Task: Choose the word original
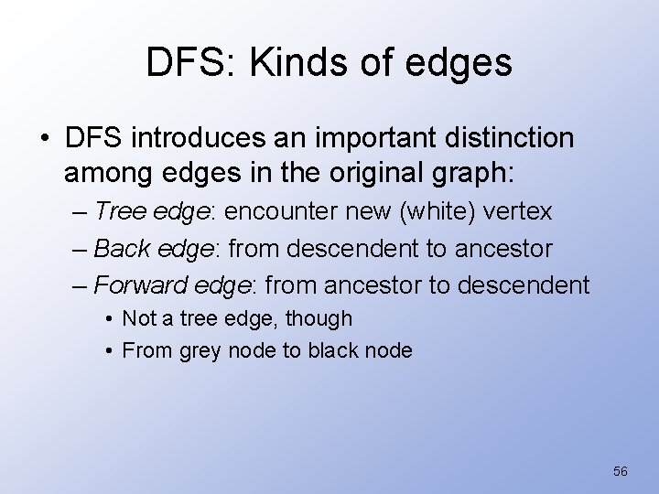click(378, 172)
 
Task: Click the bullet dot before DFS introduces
click(45, 140)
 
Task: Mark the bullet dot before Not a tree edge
click(109, 318)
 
